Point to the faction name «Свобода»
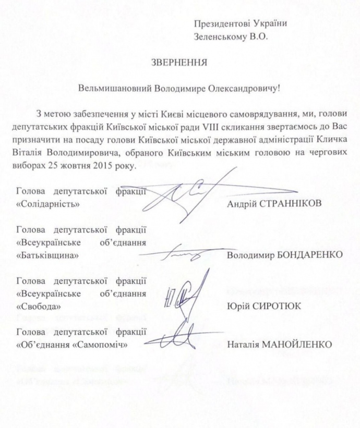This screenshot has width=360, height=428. pyautogui.click(x=39, y=305)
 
